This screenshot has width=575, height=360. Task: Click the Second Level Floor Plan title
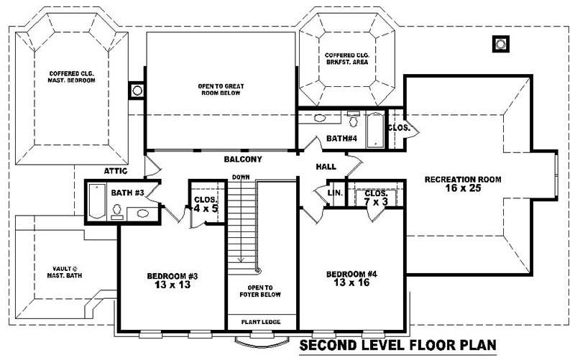click(x=397, y=346)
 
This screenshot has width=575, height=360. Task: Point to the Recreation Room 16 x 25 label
click(x=462, y=183)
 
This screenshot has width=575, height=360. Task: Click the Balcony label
click(x=242, y=159)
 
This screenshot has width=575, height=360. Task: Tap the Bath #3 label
click(x=126, y=193)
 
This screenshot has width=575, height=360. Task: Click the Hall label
click(x=326, y=167)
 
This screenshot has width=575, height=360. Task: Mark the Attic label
click(x=116, y=171)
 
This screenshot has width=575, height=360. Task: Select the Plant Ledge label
click(x=260, y=321)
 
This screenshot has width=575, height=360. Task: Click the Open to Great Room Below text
click(x=221, y=90)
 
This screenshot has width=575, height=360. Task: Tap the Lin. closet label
click(x=334, y=193)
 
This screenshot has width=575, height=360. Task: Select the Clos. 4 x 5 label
click(x=206, y=204)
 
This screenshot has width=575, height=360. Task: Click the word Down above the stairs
click(x=240, y=177)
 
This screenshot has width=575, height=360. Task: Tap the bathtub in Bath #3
click(x=96, y=202)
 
